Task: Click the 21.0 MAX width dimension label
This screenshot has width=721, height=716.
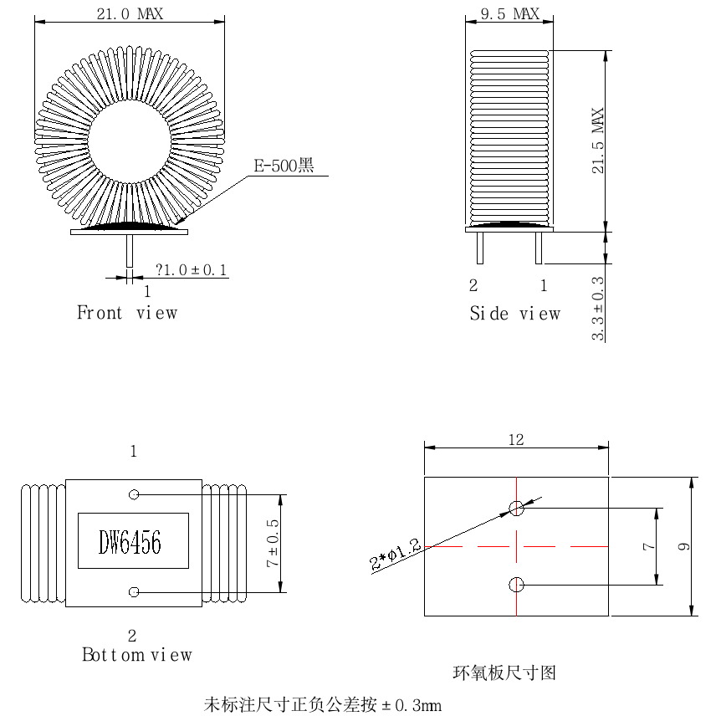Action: click(x=130, y=13)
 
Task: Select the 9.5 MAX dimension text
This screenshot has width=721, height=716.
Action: click(x=510, y=13)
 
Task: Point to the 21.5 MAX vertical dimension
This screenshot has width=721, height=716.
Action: click(x=597, y=141)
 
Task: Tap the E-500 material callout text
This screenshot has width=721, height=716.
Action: click(x=284, y=166)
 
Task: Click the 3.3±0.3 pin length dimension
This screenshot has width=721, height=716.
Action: click(x=597, y=308)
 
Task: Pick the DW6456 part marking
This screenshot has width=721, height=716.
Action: click(x=130, y=542)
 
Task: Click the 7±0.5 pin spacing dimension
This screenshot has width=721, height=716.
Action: click(x=272, y=543)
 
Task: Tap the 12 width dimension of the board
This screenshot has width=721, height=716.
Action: click(x=516, y=440)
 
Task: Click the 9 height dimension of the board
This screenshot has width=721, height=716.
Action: click(x=683, y=546)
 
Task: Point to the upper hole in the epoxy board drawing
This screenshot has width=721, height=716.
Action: click(x=516, y=509)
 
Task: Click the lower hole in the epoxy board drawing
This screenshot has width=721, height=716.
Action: click(x=516, y=585)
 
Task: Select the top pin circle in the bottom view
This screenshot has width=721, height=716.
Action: click(x=134, y=494)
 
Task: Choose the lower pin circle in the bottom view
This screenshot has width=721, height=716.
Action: click(x=134, y=592)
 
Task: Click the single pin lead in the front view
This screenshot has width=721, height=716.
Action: click(x=130, y=251)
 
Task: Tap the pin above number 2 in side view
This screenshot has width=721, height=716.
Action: click(x=480, y=248)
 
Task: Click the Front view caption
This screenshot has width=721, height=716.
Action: click(x=127, y=313)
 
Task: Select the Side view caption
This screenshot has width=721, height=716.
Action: click(x=515, y=314)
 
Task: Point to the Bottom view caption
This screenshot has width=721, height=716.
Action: click(x=137, y=654)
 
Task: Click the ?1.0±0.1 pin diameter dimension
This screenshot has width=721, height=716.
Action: click(x=192, y=270)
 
